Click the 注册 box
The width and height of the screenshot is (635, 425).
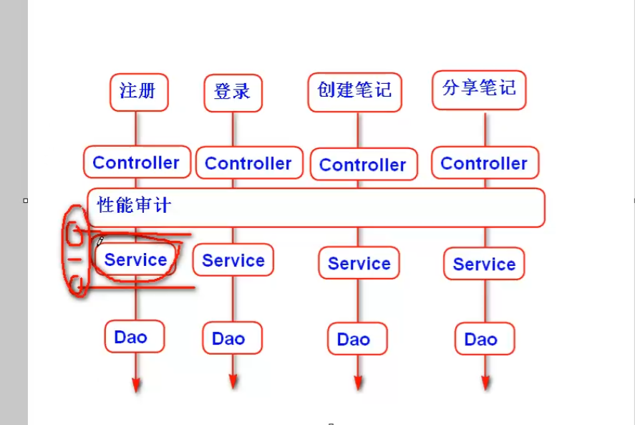coord(139,92)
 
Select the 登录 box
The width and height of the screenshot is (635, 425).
coord(233,92)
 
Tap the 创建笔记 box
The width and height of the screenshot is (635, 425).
coord(354,91)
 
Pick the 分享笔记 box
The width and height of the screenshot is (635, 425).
coord(479,90)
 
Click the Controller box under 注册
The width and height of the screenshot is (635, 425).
coord(136,163)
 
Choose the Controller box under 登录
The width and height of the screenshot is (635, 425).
coord(248,163)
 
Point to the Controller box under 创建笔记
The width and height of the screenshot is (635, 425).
coord(363,165)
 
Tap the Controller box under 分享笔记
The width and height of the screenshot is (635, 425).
coord(485,163)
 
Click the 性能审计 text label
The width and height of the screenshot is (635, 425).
coord(135,206)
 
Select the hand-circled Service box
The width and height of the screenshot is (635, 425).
coord(135,259)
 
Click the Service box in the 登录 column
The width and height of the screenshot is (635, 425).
coord(233,261)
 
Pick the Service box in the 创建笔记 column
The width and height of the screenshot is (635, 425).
coord(359,264)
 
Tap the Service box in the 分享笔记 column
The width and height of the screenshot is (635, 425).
coord(484,264)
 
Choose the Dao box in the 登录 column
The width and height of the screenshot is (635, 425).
coord(229,338)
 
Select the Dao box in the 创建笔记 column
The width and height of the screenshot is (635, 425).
coord(354,339)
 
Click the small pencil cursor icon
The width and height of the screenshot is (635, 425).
coord(100,242)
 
